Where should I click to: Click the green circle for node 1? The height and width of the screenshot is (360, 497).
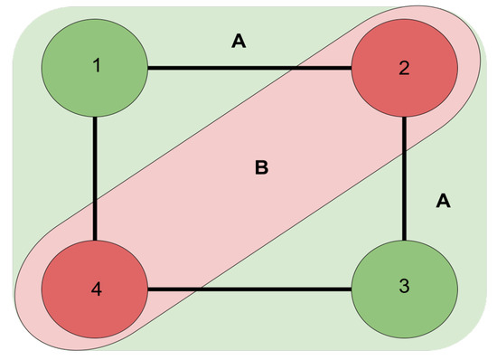95,66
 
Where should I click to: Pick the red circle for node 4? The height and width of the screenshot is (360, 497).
95,290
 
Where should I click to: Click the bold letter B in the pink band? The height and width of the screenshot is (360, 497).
262,167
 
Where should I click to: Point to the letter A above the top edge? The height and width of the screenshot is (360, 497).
239,41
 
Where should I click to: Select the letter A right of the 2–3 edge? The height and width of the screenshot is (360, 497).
443,201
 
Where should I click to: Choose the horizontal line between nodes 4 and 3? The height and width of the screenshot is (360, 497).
271,290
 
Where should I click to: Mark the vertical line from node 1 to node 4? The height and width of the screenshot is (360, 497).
95,172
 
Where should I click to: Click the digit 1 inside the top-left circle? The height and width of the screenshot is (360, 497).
95,66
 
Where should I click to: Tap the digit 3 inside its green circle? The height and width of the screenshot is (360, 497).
404,289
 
